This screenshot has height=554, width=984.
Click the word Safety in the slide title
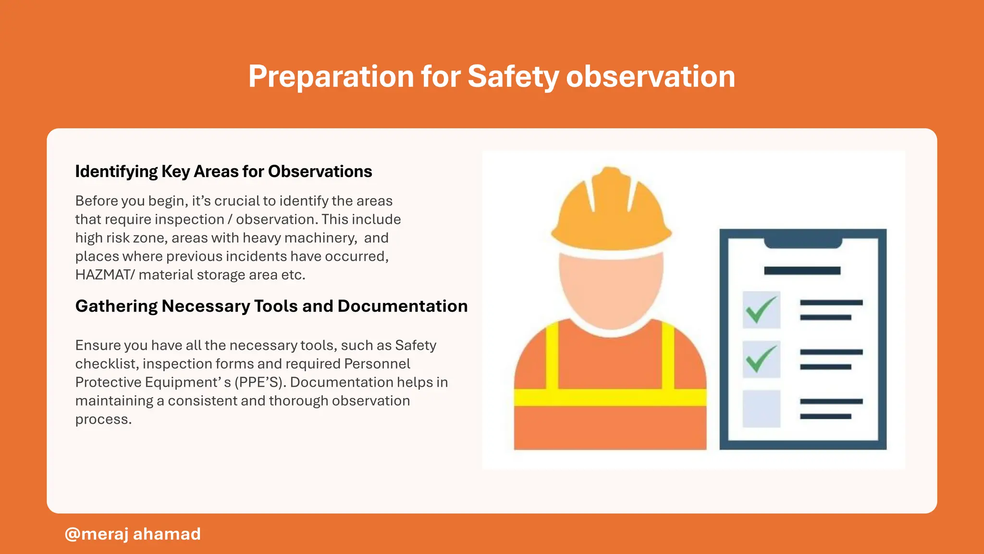tap(513, 76)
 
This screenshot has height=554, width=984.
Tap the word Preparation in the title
tap(331, 76)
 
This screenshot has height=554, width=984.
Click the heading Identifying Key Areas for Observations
tap(223, 172)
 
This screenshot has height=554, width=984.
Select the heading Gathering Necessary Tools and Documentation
tap(271, 306)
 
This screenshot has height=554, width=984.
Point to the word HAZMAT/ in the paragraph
tap(105, 275)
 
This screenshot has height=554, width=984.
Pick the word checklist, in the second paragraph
tap(107, 364)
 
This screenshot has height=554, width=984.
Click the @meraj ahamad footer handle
tap(133, 534)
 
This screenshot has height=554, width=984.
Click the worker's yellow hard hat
tap(611, 212)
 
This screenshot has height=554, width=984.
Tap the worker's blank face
tap(611, 289)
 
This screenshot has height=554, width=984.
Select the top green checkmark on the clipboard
tap(761, 310)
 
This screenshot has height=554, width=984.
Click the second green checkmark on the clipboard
tap(761, 359)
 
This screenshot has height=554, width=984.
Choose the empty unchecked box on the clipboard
tap(761, 409)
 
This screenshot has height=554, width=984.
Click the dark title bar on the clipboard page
tap(802, 271)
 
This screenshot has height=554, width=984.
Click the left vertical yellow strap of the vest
tap(552, 356)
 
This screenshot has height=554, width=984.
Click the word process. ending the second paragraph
tap(103, 419)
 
